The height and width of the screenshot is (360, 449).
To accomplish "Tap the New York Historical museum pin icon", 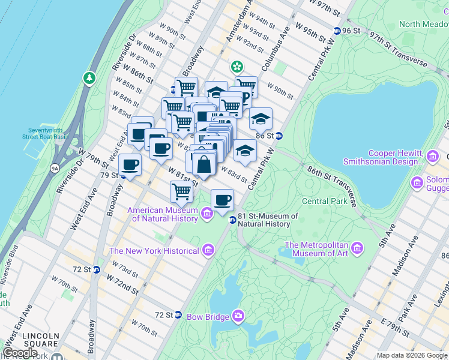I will click(x=208, y=249).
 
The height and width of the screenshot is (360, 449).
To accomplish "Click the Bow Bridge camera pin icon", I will click(x=239, y=316).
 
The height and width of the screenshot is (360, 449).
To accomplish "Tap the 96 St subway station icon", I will click(x=336, y=31).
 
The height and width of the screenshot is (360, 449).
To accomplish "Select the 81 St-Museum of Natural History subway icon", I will click(x=232, y=220).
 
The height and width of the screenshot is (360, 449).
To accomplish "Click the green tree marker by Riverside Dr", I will click(x=89, y=78).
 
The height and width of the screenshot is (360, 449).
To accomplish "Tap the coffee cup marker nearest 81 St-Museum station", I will click(x=222, y=200).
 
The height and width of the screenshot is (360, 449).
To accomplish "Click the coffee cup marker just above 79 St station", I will click(x=130, y=164).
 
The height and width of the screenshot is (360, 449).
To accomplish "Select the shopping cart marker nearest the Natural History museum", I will click(x=181, y=192).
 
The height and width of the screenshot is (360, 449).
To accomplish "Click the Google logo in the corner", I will click(x=20, y=353).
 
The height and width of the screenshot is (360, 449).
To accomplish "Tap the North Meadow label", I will click(x=424, y=24).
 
